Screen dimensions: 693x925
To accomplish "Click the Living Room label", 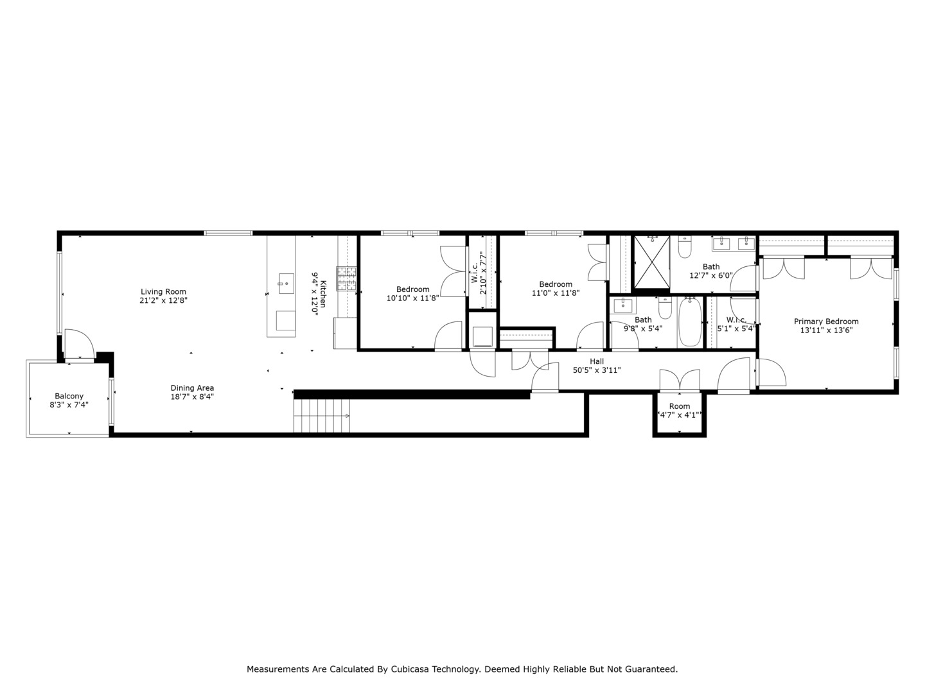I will click(164, 291).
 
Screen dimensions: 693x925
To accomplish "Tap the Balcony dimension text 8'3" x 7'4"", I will click(69, 405).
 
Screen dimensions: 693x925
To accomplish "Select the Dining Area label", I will click(192, 388).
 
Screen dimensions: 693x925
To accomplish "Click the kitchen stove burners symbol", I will click(346, 279).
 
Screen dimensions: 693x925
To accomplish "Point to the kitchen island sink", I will click(286, 282).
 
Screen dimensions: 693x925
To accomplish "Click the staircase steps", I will click(321, 415).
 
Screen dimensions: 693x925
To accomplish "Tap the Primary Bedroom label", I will click(825, 321).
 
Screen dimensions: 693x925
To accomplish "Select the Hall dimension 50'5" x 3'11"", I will click(596, 370).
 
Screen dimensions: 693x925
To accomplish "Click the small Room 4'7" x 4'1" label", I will click(679, 406).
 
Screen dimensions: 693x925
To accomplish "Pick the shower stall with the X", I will click(652, 262).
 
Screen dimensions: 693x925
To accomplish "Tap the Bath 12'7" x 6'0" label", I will click(711, 266).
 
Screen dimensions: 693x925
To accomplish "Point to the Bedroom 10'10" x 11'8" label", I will click(412, 289).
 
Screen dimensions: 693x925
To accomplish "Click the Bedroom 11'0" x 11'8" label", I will click(556, 284).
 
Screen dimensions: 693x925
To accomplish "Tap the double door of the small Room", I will click(680, 381).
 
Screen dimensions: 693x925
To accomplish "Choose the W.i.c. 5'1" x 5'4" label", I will click(736, 320).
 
